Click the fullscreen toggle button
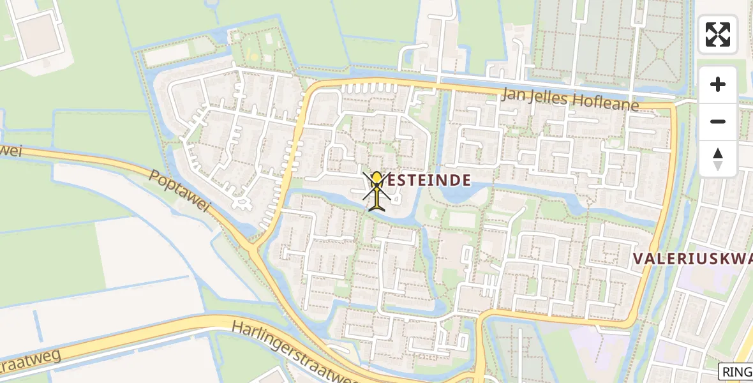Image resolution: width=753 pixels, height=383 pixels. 718,34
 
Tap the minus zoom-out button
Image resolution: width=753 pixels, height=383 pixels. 718,121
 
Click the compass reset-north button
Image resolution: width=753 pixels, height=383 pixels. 718,159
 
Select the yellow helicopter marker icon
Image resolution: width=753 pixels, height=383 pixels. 378,190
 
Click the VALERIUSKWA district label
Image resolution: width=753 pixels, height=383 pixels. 692,259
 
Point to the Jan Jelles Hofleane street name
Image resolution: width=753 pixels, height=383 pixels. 570,100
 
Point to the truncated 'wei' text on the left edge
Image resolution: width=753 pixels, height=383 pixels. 11,152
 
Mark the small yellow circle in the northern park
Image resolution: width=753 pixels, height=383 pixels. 254,57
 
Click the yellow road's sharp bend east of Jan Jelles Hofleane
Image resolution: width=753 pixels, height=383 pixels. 673,106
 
